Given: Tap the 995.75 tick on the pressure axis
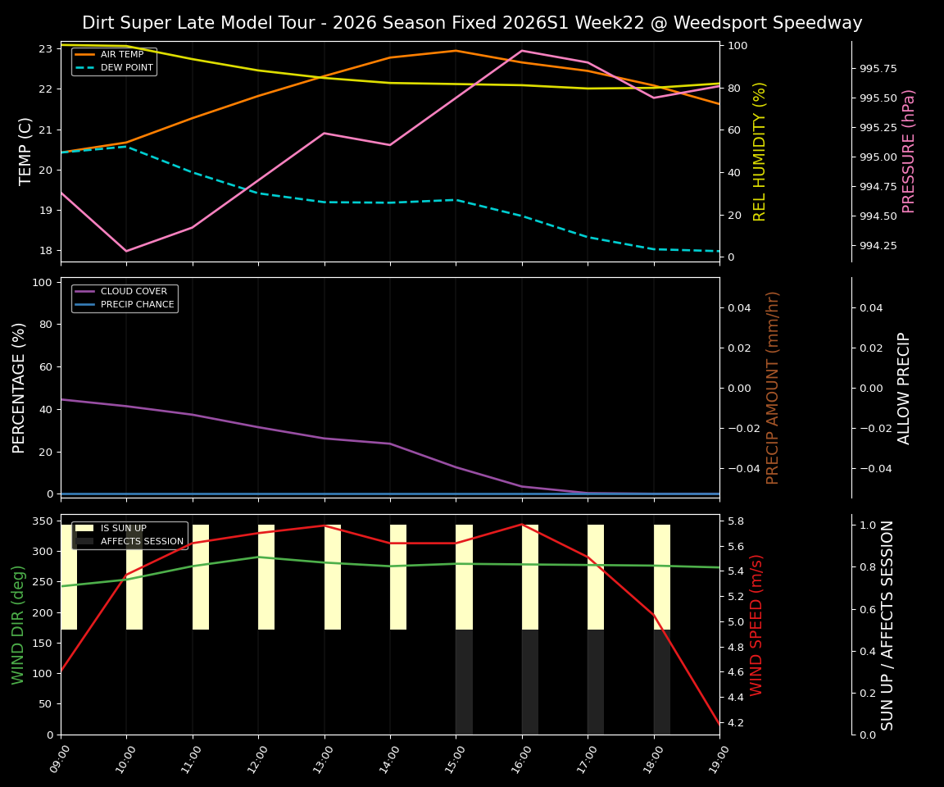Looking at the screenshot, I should point(878,68).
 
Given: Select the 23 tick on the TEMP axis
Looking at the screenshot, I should point(46,49).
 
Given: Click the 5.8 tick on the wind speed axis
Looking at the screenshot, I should point(735,521).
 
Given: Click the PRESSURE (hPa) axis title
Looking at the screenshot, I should point(909,151).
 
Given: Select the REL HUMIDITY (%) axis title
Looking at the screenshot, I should point(760,151).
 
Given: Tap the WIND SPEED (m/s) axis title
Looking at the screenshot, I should point(756,625).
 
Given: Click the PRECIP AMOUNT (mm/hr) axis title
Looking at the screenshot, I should point(773,387).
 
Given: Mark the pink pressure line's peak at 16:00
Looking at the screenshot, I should point(522,51).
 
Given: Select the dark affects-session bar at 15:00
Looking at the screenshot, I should point(464,682).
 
